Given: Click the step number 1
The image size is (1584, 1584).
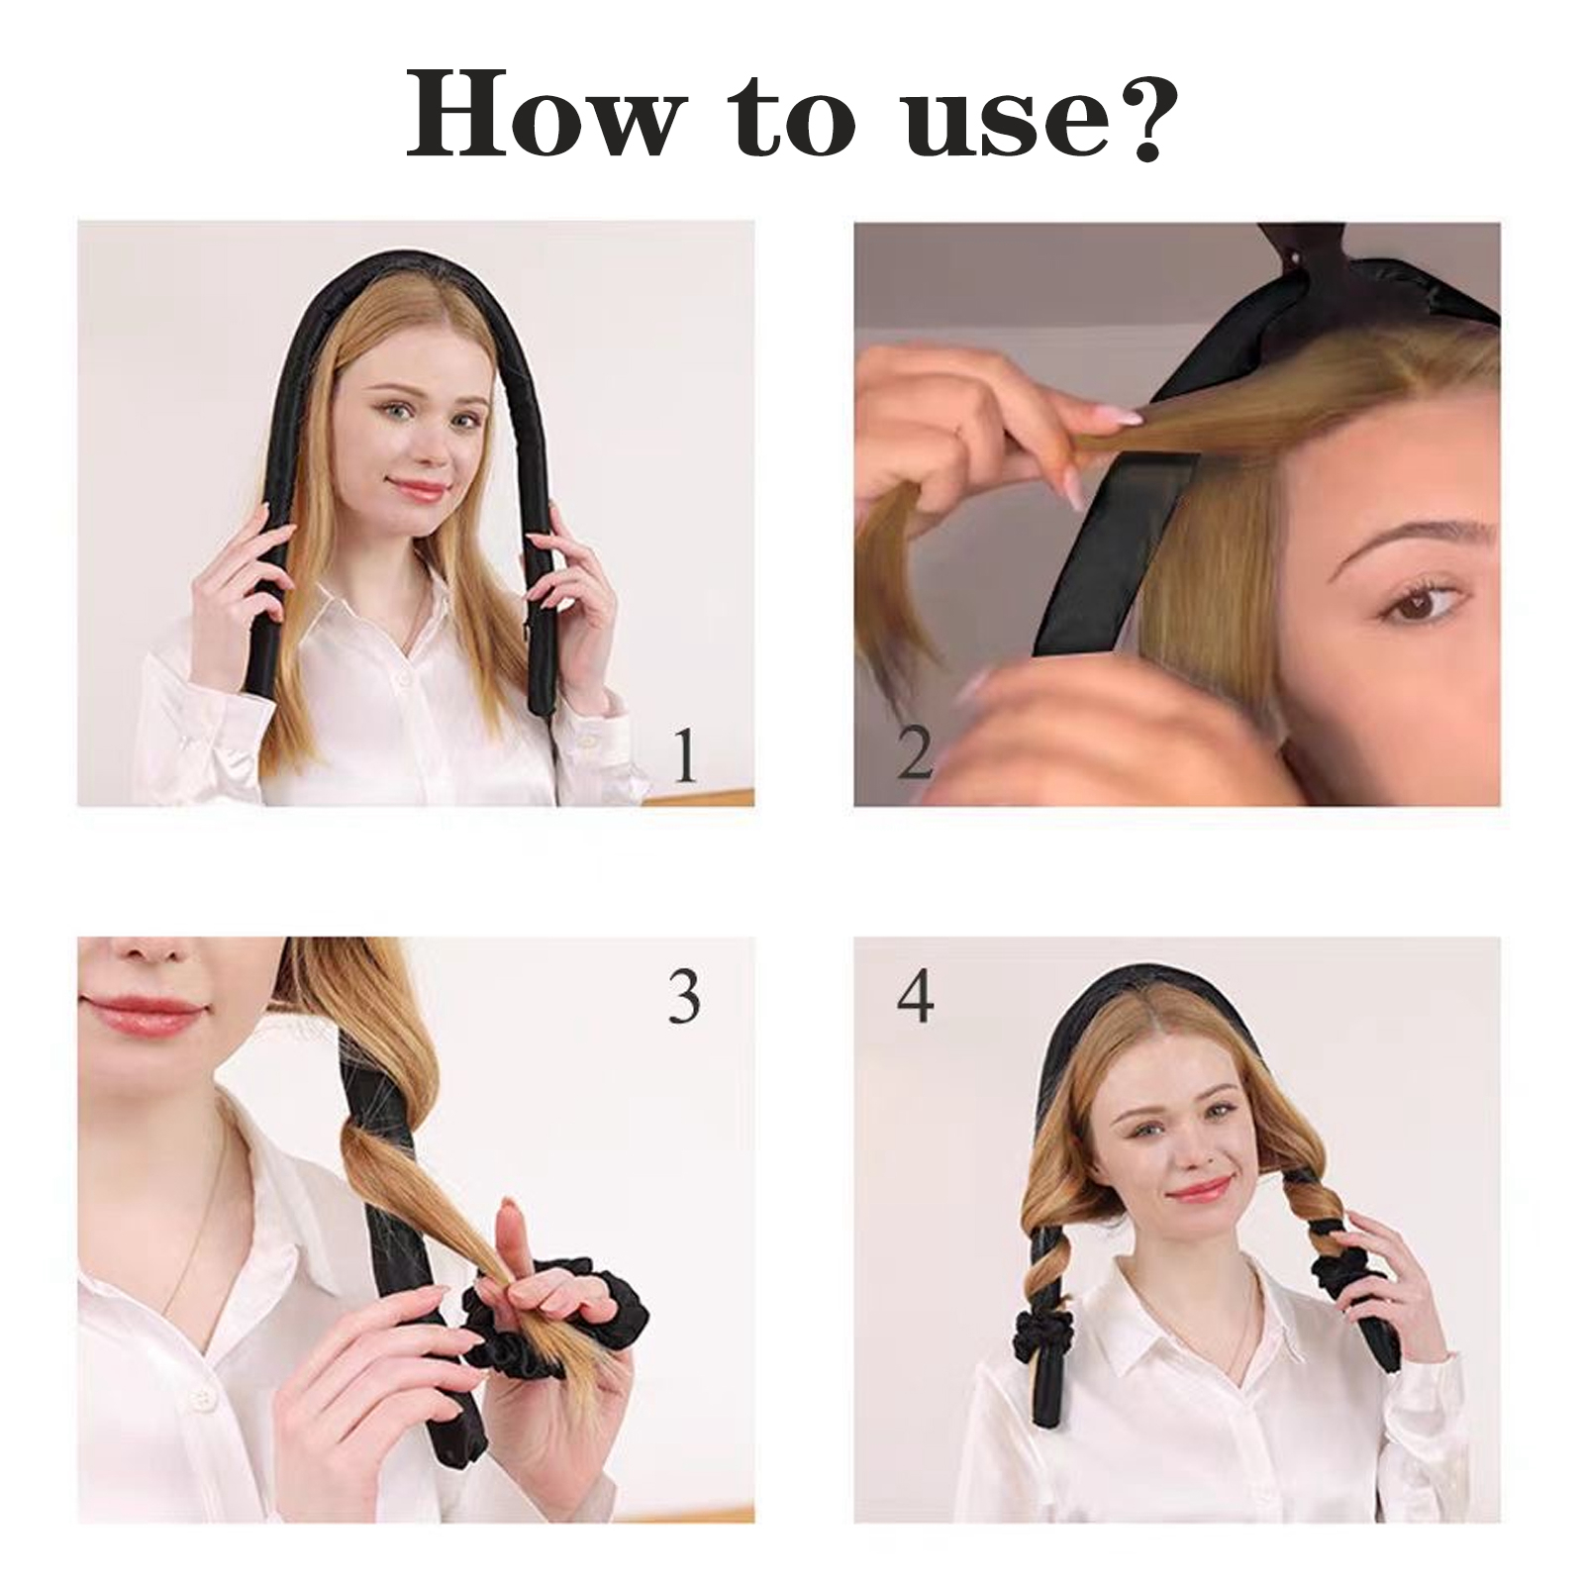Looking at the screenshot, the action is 684,754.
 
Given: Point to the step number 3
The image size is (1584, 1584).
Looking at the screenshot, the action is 684,996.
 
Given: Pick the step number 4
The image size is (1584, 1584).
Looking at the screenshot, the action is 915,996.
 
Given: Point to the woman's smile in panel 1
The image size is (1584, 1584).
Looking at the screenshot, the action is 420,488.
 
